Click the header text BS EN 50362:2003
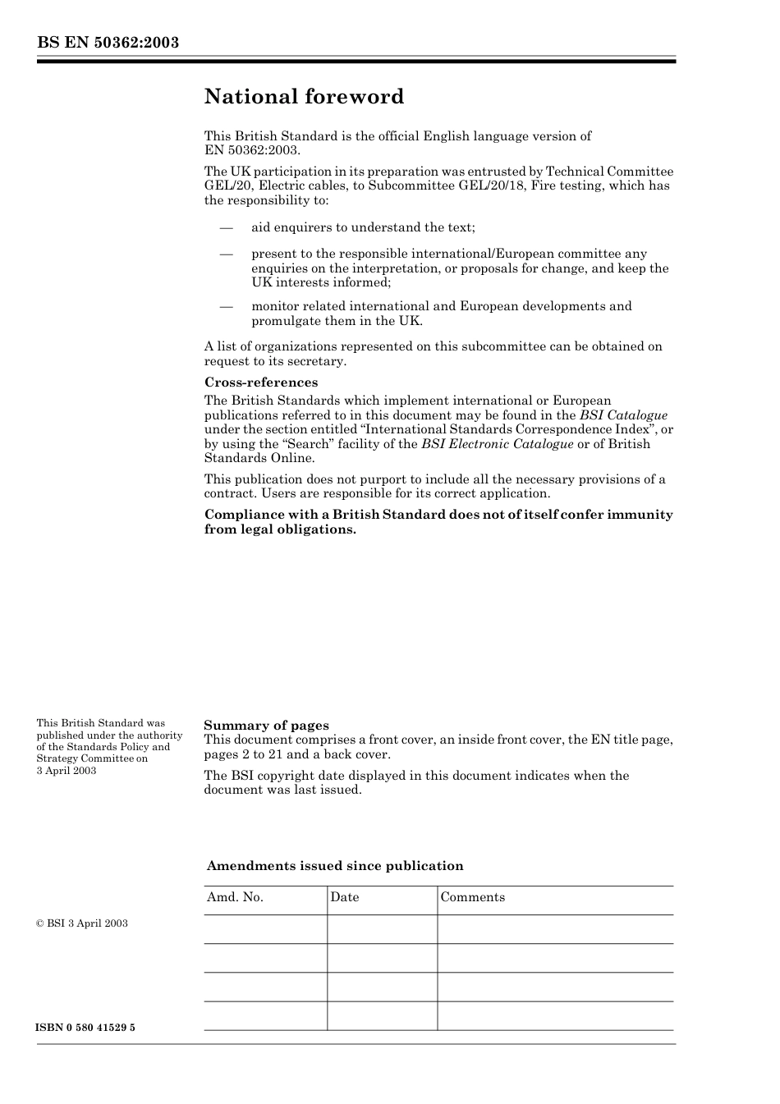click(108, 43)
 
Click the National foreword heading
click(304, 97)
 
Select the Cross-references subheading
click(260, 383)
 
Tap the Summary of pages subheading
click(266, 726)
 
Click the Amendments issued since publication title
click(335, 866)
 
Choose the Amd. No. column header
click(235, 897)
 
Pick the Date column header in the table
click(345, 897)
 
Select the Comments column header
click(472, 897)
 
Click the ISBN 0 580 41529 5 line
click(85, 1028)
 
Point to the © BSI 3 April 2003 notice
click(82, 923)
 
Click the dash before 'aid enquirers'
click(226, 227)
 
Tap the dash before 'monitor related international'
click(226, 306)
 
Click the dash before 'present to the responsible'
click(226, 254)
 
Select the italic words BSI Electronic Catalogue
click(497, 444)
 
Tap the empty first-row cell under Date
click(382, 929)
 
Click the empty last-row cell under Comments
click(555, 1016)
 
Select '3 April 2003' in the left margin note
click(67, 771)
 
